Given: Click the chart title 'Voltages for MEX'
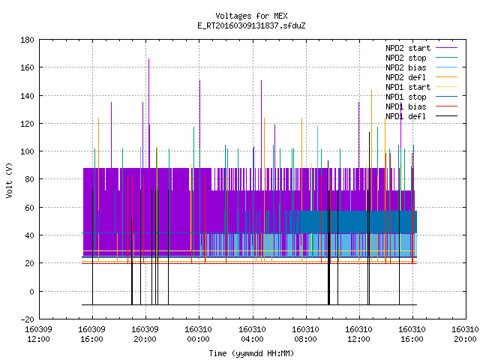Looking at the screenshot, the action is [251, 16].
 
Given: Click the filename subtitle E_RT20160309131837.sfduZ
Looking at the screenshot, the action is [251, 25].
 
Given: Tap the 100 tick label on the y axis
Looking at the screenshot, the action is [27, 151].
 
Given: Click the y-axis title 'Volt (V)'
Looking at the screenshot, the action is [10, 181].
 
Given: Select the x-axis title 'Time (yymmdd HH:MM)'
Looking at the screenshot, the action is [251, 353].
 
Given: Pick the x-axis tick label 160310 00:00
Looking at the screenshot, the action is [199, 334].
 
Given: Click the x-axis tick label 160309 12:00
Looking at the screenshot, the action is [38, 334].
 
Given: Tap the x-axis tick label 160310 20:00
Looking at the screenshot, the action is [465, 334].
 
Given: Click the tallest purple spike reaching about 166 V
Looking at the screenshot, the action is [149, 113].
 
